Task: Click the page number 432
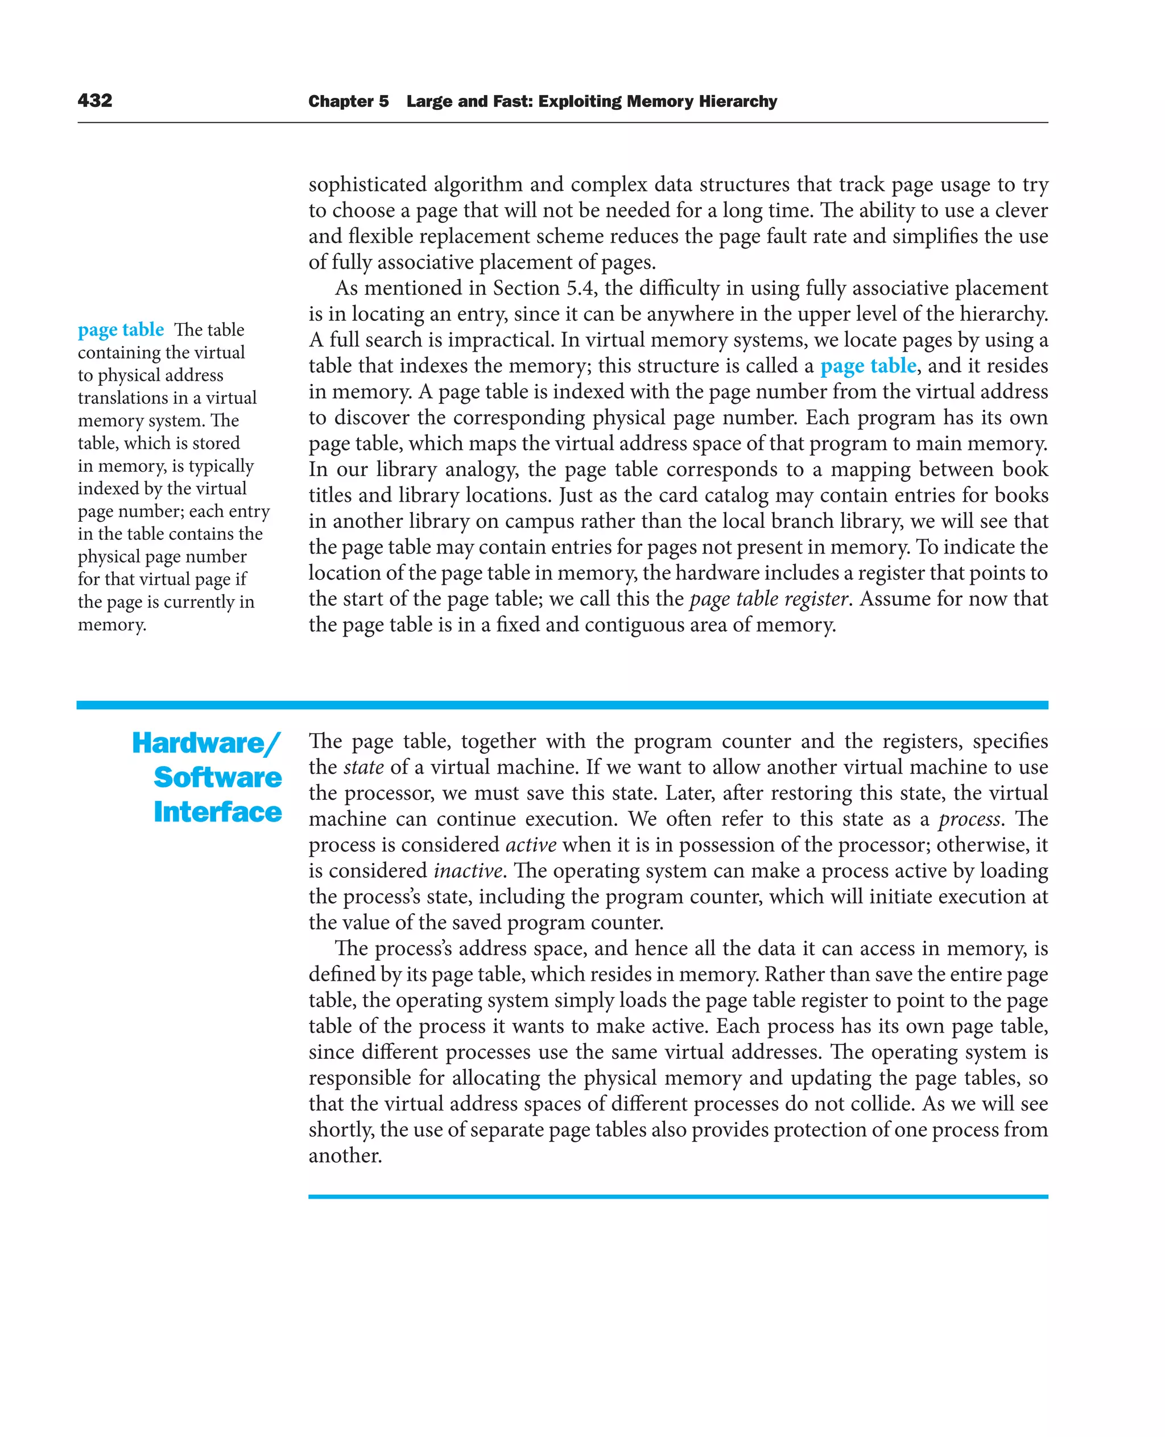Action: pos(94,101)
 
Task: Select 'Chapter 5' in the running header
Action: pos(348,101)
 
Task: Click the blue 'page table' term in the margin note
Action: pos(121,329)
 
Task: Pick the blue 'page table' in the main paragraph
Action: pos(867,366)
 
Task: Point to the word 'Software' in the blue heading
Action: pos(217,777)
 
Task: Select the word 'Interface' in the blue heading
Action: pos(217,812)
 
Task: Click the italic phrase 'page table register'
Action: pos(769,598)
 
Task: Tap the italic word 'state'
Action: pos(363,767)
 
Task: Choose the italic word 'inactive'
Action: pos(468,870)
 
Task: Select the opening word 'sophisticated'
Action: pos(367,184)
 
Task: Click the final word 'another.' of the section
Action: pos(345,1156)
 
